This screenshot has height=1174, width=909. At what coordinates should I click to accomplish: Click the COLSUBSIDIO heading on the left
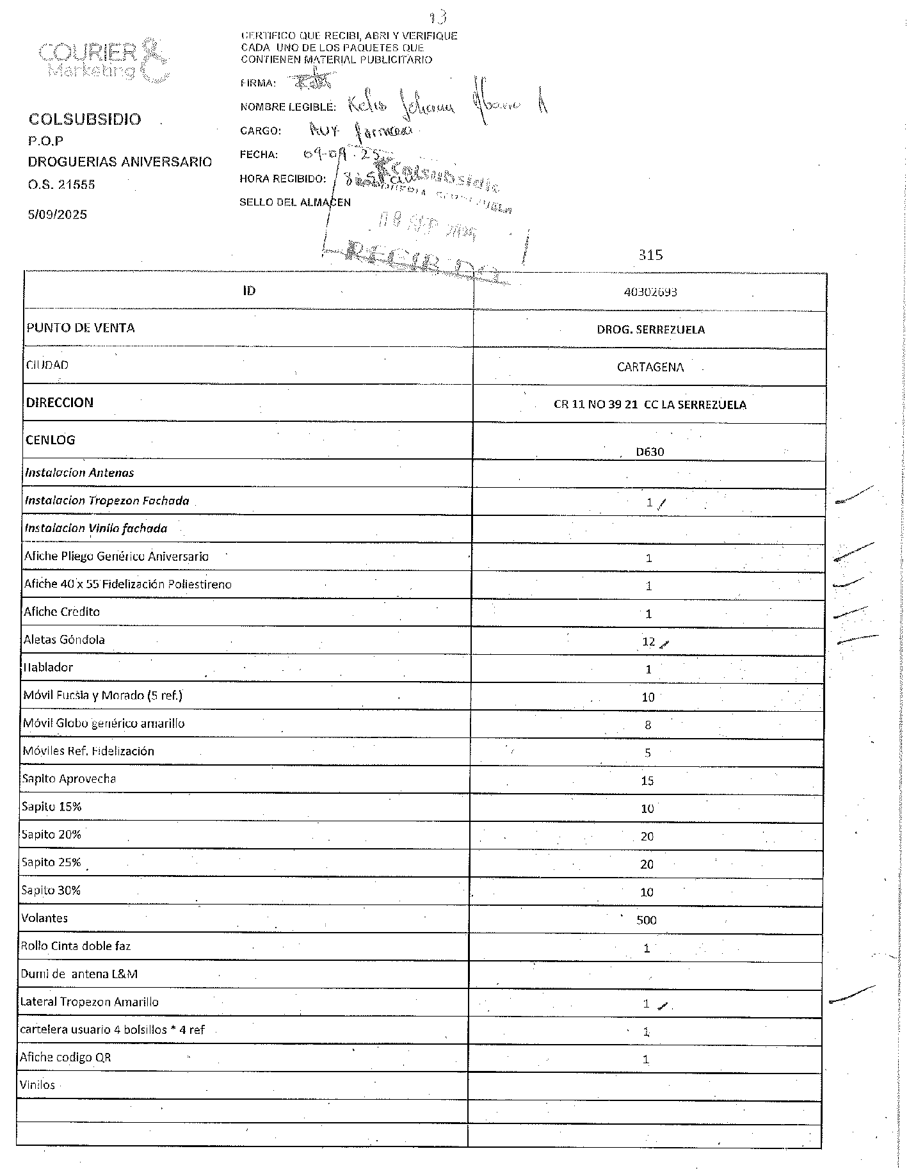tap(84, 120)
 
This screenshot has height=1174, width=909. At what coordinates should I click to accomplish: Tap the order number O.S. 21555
tap(61, 184)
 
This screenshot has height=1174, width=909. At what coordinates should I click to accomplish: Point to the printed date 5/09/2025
tap(57, 214)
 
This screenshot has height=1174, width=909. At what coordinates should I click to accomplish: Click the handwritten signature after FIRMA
tap(312, 81)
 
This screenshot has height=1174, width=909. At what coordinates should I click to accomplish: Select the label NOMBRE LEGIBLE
tap(287, 107)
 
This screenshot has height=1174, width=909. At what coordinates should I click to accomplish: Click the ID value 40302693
tap(650, 292)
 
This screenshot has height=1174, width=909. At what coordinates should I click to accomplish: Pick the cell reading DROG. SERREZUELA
tap(650, 330)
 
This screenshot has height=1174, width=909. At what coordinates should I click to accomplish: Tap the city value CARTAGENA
tap(650, 367)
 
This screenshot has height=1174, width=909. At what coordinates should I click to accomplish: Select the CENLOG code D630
tap(650, 452)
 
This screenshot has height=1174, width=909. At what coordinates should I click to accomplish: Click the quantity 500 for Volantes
tap(647, 921)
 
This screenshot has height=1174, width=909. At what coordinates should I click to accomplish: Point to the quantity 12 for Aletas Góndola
tap(648, 642)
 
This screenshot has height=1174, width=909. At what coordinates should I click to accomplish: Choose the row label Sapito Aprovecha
tap(69, 779)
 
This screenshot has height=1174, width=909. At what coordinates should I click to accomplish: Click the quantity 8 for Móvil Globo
tap(648, 725)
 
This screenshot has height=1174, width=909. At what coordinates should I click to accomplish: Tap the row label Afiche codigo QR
tap(65, 1057)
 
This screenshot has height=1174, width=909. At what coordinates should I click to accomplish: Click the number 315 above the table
tap(650, 255)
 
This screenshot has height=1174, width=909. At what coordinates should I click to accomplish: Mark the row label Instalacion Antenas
tap(79, 473)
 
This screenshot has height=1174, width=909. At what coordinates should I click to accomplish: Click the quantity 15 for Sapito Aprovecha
tap(647, 781)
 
